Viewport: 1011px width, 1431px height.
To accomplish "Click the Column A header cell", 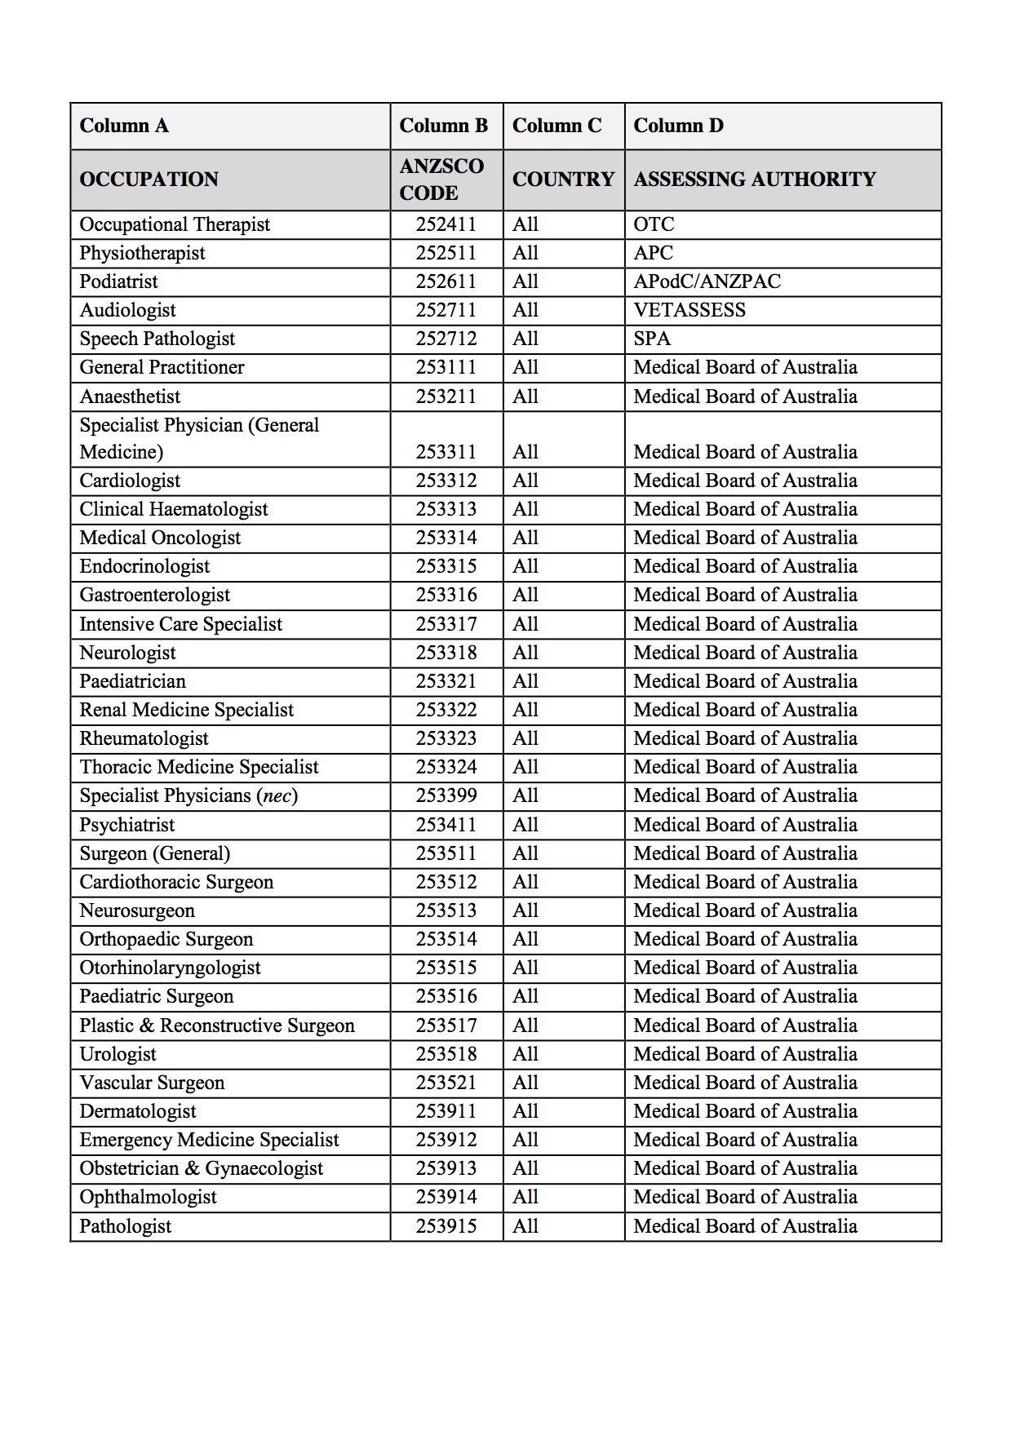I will (x=124, y=126).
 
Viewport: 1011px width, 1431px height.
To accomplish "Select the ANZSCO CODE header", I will (x=441, y=179).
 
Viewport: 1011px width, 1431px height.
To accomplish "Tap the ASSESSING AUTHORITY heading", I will (x=755, y=179).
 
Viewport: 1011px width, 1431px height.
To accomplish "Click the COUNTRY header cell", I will (x=563, y=179).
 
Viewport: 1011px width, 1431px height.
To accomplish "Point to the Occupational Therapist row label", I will (x=175, y=224).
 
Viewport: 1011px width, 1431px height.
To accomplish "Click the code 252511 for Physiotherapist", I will (x=446, y=253).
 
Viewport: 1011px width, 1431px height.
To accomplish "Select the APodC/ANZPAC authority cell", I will (x=707, y=281).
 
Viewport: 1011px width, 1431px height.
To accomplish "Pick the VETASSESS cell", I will (x=690, y=310).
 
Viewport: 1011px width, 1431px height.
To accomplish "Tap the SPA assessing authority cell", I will (x=652, y=339).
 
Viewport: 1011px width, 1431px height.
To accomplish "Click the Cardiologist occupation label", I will (x=130, y=481).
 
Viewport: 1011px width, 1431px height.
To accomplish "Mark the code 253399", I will (x=446, y=795).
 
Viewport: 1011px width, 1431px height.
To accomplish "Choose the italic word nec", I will (x=277, y=795).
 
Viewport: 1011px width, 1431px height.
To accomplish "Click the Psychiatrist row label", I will (x=126, y=825).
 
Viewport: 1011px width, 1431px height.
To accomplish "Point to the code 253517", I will (x=446, y=1026).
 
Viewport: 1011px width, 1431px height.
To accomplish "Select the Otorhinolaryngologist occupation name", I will (x=170, y=968).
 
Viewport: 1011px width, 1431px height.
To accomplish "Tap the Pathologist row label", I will (x=125, y=1226).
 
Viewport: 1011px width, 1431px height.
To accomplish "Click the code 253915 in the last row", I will (x=446, y=1226).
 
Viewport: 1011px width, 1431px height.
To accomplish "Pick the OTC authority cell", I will (x=654, y=224).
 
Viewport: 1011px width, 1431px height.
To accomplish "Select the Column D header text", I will (x=678, y=126).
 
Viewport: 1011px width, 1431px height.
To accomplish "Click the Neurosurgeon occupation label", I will (x=136, y=910).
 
